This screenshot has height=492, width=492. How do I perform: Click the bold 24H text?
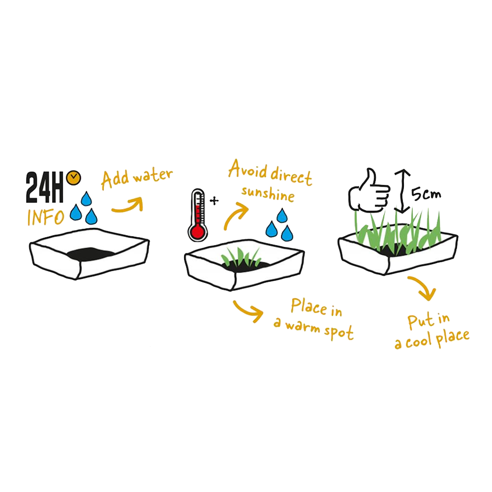(x=45, y=187)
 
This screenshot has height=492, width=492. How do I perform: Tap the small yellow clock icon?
(x=74, y=178)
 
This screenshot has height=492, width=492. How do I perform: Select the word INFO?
(x=46, y=217)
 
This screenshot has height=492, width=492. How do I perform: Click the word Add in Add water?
(x=115, y=179)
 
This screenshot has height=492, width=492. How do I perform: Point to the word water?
(x=153, y=175)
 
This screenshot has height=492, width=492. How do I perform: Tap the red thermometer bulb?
(x=198, y=232)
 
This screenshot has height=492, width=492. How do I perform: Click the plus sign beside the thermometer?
(x=215, y=201)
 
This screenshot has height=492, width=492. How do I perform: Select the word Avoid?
(x=248, y=169)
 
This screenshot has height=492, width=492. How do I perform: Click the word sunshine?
(x=268, y=193)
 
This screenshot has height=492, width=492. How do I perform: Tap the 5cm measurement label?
(x=426, y=194)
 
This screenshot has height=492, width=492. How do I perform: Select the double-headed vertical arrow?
(x=402, y=191)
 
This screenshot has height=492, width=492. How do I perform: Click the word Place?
(x=309, y=306)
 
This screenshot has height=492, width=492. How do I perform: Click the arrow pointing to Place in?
(x=248, y=310)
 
